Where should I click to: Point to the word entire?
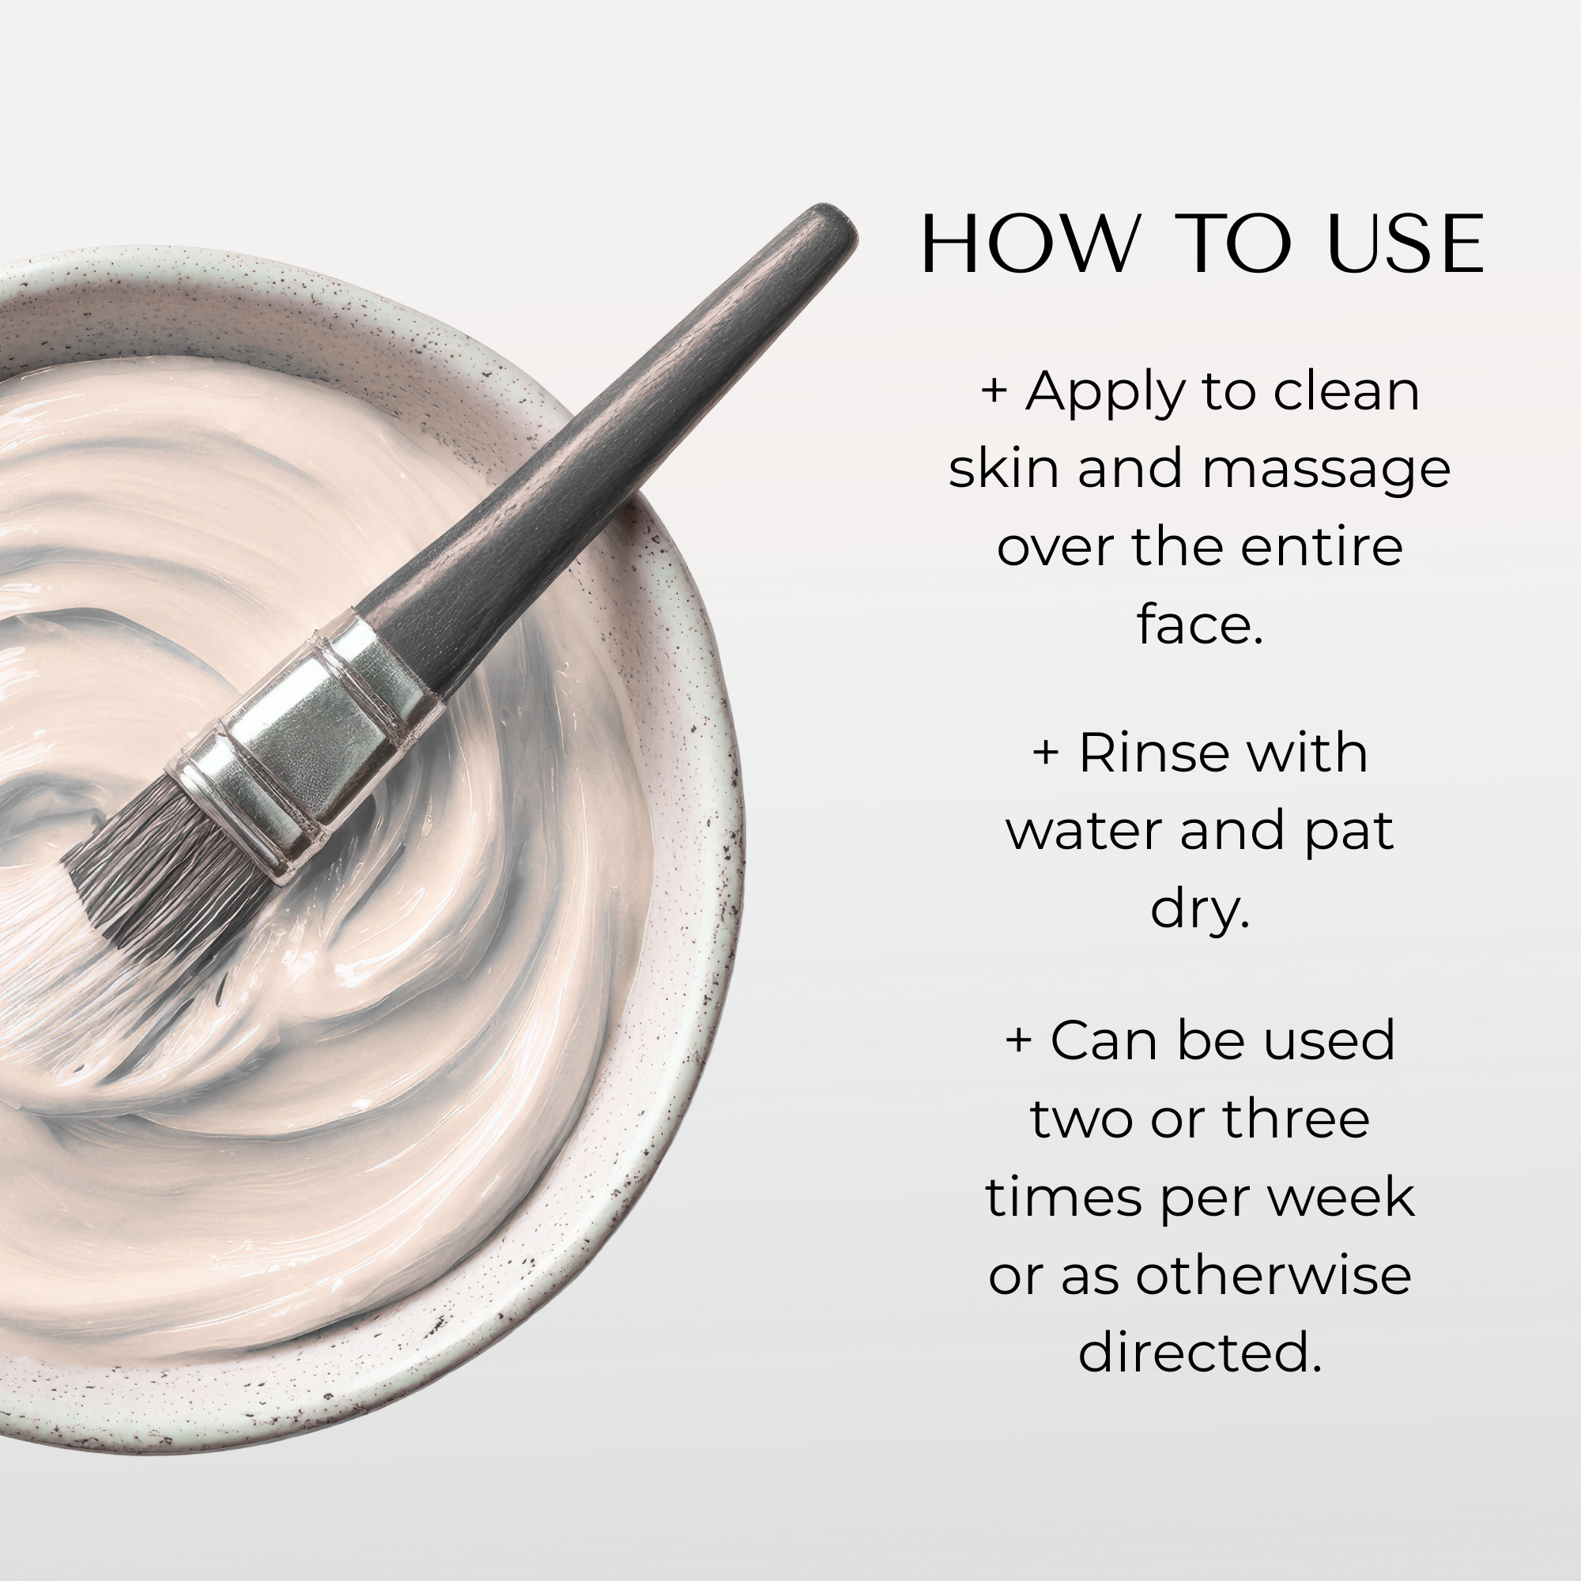(x=1322, y=547)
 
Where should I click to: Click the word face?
(x=1200, y=624)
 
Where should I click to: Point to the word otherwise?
(x=1273, y=1275)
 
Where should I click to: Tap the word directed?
(x=1200, y=1353)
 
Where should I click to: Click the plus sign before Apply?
(x=994, y=391)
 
